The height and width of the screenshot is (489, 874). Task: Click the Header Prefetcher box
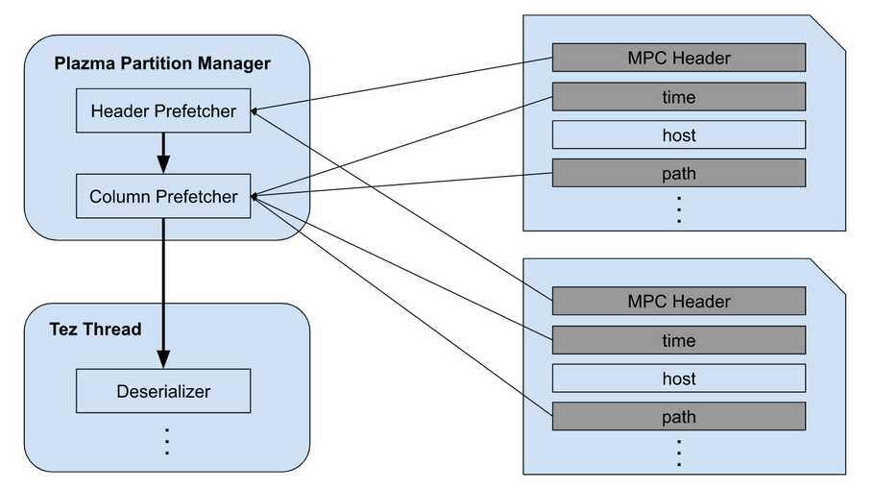163,110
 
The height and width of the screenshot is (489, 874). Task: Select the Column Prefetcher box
163,196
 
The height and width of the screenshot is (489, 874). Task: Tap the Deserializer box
163,391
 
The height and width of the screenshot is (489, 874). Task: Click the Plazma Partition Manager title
162,63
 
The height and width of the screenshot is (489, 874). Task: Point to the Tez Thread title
95,329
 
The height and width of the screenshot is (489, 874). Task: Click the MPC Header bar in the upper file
679,58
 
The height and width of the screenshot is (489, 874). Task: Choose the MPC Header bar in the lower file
679,301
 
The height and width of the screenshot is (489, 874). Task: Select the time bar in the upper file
679,97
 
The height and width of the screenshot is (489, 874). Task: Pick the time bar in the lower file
679,340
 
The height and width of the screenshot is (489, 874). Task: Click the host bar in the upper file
679,134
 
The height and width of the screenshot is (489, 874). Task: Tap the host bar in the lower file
679,379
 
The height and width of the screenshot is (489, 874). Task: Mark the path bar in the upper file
679,174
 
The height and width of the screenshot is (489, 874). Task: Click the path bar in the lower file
679,417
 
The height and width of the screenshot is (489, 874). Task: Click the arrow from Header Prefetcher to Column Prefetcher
163,153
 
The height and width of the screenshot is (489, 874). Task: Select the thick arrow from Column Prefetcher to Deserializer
163,293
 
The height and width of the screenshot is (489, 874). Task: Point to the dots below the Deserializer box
167,442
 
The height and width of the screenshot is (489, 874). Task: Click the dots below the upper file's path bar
679,209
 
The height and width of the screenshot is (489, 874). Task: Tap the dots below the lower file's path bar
679,453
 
